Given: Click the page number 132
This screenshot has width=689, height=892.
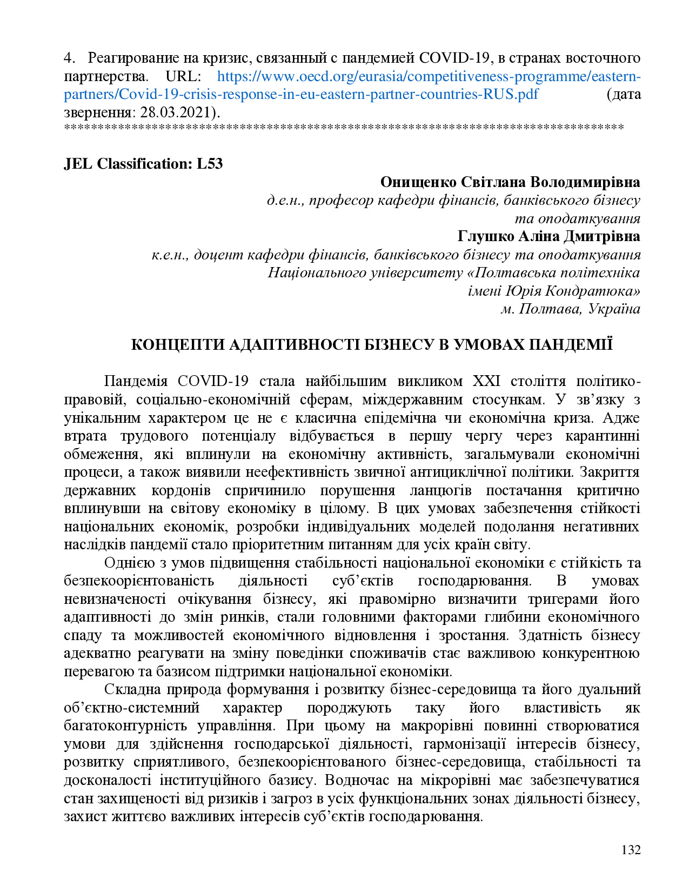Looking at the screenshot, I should click(631, 850).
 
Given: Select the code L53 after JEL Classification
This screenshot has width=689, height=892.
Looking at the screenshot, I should click(210, 164).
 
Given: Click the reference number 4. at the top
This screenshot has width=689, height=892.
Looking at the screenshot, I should click(69, 58).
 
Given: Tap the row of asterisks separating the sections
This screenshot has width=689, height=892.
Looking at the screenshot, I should click(344, 128).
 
